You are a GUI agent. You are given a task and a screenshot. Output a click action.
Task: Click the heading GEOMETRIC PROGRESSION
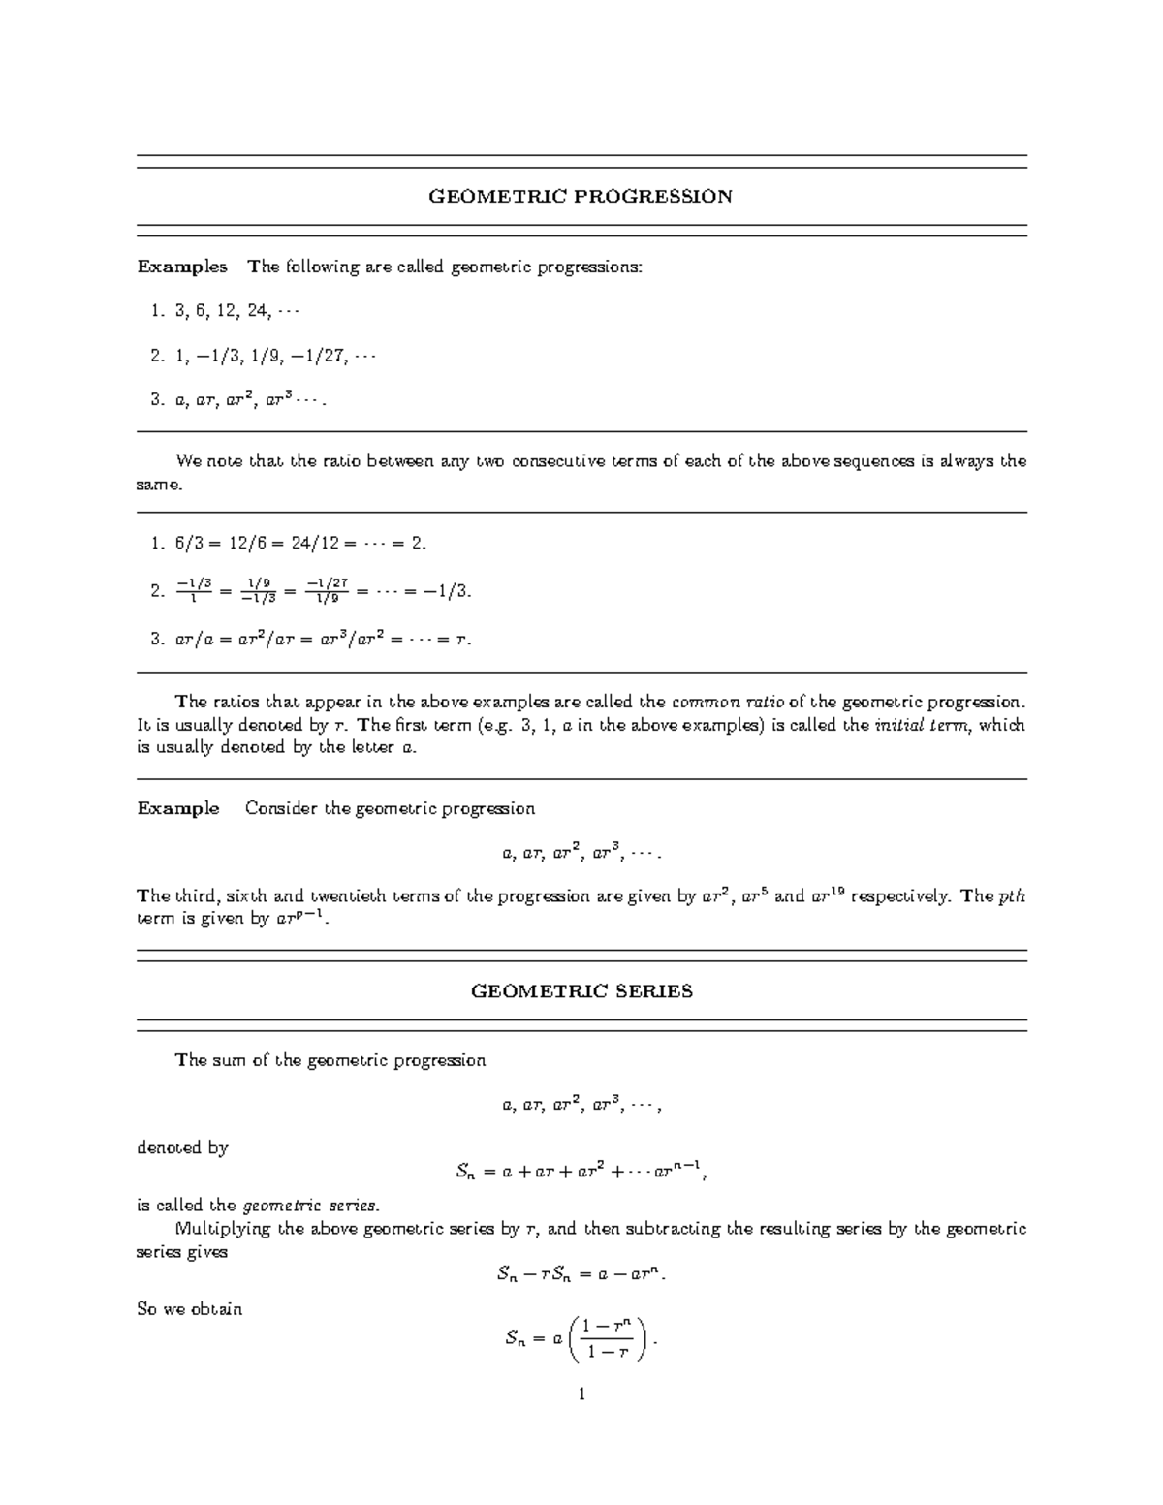coord(581,197)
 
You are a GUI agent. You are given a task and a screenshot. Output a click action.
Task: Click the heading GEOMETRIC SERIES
coord(581,991)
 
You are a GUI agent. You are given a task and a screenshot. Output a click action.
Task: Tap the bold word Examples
coord(182,267)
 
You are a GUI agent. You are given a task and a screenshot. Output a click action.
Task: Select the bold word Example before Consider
coord(178,808)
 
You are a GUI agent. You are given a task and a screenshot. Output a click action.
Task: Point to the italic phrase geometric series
coord(310,1206)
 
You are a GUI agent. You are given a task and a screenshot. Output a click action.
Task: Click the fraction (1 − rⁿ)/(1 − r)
coord(609,1340)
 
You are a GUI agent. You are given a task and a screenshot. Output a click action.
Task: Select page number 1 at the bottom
coord(581,1396)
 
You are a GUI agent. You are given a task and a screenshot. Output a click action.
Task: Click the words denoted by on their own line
coord(182,1148)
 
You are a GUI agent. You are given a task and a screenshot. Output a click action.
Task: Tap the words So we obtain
coord(190,1309)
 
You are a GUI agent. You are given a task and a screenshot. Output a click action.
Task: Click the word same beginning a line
coord(158,485)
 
